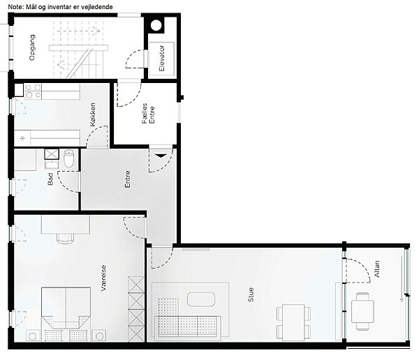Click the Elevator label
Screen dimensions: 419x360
coord(162,59)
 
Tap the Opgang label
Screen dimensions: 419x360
coord(32,47)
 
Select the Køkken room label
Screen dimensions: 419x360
coord(93,114)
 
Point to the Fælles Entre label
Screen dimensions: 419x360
coord(148,114)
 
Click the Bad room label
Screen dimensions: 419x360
coord(50,179)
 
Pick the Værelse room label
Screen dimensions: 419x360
coord(103,278)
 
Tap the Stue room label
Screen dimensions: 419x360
coord(251,294)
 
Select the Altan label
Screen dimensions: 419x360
coord(377,269)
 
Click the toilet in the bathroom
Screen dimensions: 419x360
coord(69,158)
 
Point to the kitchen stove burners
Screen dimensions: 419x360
coord(34,91)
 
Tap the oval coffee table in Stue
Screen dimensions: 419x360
coord(201,299)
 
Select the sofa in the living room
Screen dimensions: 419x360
coord(188,328)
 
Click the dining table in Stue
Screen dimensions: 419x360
coord(294,322)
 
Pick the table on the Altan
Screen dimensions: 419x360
coord(362,311)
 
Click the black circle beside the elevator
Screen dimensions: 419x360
coord(156,26)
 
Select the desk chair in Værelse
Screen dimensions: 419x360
coord(66,239)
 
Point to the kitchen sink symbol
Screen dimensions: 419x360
coord(22,138)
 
